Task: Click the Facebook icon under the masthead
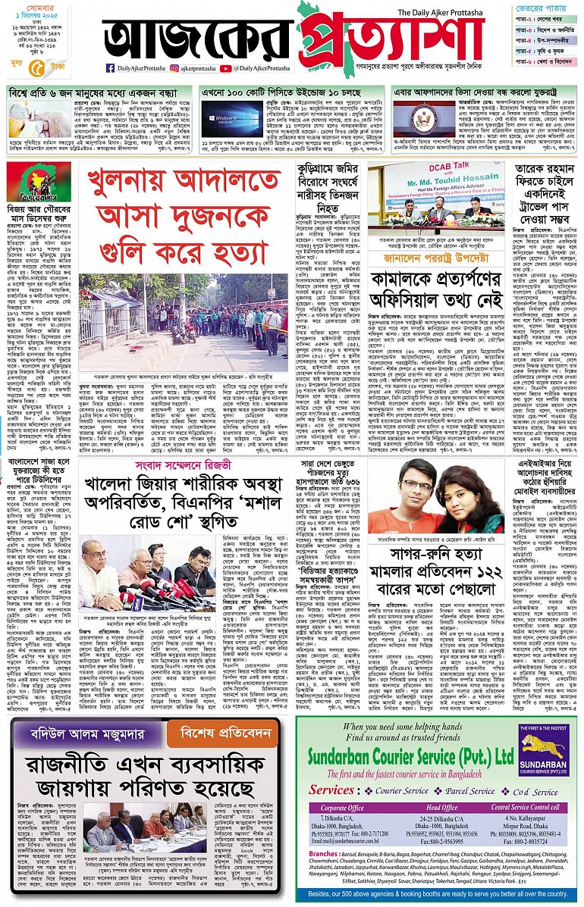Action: click(x=110, y=68)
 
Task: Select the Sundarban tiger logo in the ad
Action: click(x=542, y=739)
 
